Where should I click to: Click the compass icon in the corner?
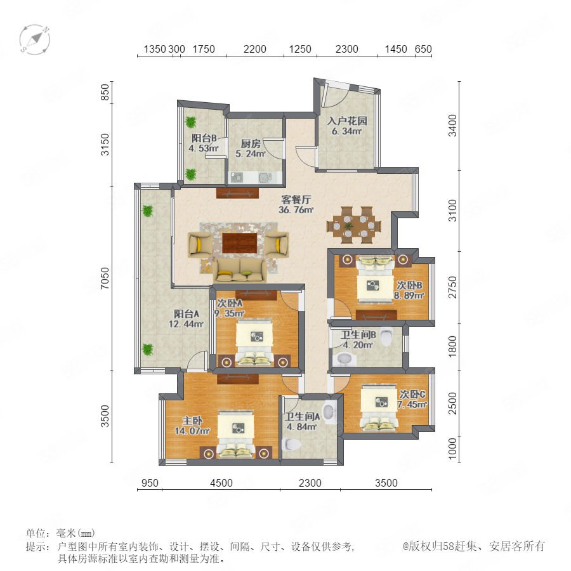(35, 40)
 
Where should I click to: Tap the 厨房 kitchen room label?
(251, 144)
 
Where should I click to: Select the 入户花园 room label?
(347, 121)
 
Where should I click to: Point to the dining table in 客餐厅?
(353, 225)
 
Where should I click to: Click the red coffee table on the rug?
(240, 243)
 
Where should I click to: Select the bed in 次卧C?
(379, 407)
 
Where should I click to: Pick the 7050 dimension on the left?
(105, 279)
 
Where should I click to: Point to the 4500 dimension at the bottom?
(221, 483)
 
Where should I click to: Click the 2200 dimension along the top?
(255, 49)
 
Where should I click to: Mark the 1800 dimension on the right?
(452, 346)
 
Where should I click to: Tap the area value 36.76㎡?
(296, 210)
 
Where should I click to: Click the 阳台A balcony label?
(187, 313)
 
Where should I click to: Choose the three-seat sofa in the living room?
(240, 270)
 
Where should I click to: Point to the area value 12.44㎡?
(186, 324)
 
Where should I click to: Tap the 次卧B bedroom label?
(409, 285)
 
